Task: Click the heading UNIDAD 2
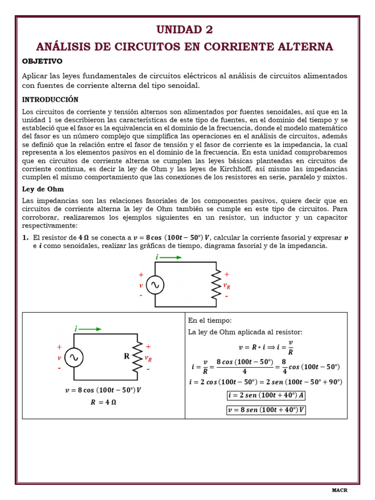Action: tap(185, 30)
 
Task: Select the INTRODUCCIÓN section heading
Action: tap(50, 99)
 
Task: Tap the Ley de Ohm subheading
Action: tap(43, 189)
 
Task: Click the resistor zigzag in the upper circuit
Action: tap(216, 285)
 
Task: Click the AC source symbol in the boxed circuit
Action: tap(74, 357)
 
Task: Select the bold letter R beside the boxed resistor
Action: tap(126, 356)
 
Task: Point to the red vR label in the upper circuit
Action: tap(227, 286)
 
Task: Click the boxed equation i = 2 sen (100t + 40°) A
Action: tap(267, 396)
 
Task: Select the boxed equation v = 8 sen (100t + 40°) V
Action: tap(266, 410)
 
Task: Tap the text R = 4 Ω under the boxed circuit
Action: tap(104, 402)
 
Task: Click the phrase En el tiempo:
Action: tap(209, 320)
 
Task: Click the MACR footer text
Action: tap(339, 490)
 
